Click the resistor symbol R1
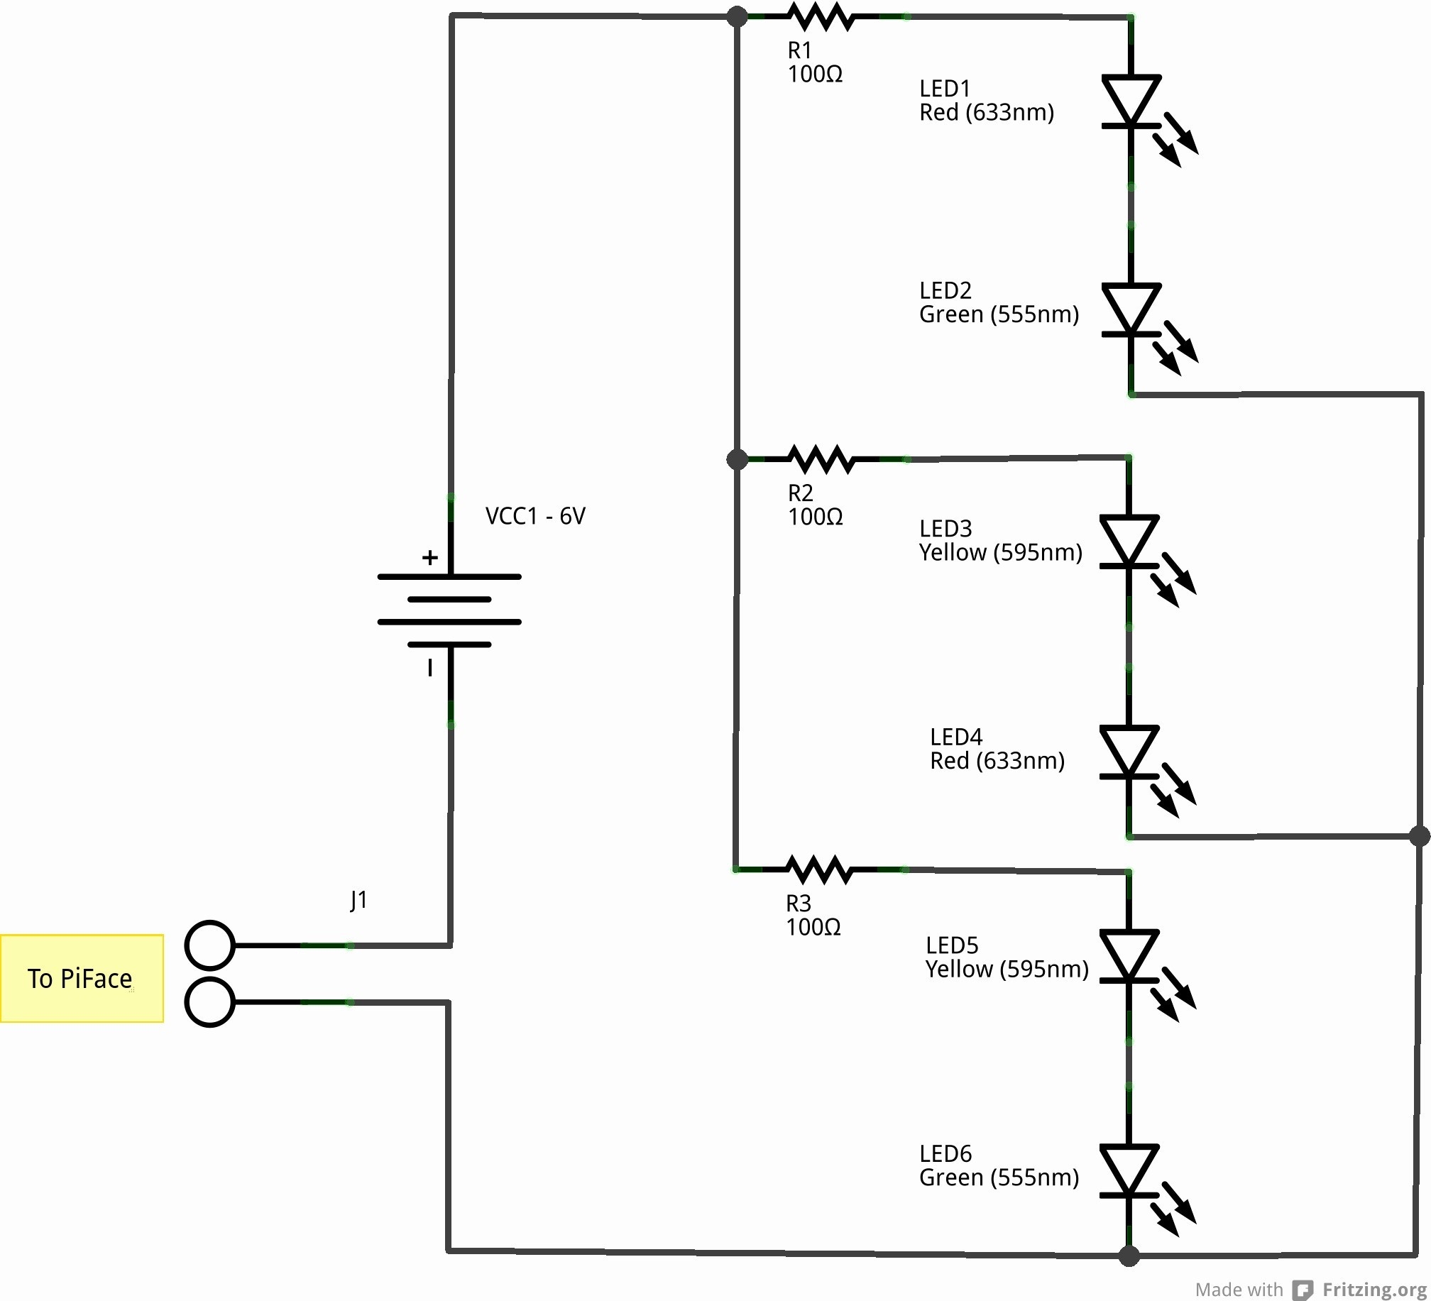(821, 16)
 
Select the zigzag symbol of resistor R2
(821, 459)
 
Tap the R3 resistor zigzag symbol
(820, 869)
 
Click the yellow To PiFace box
(82, 979)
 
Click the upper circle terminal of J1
(209, 945)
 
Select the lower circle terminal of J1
(209, 1001)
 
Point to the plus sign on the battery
(429, 557)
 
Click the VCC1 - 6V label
(534, 516)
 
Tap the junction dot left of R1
(738, 16)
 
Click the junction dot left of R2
(738, 459)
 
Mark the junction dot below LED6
(1129, 1256)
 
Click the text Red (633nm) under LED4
(997, 761)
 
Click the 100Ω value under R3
(813, 927)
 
